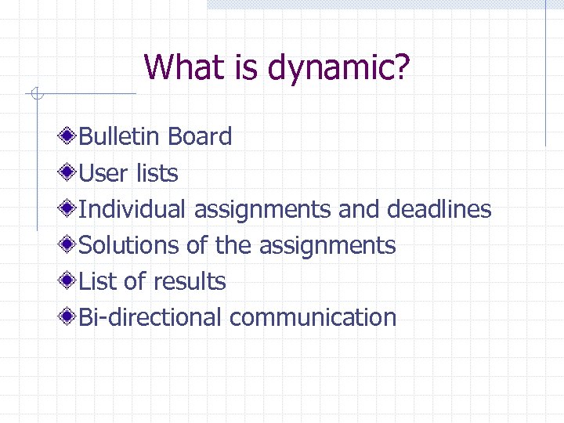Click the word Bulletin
click(121, 136)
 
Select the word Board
click(200, 136)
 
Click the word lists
click(157, 172)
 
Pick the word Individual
click(132, 209)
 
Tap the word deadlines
click(439, 209)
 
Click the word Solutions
click(130, 245)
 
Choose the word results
click(190, 281)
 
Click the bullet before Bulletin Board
click(69, 136)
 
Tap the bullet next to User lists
click(69, 172)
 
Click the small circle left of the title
click(35, 95)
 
